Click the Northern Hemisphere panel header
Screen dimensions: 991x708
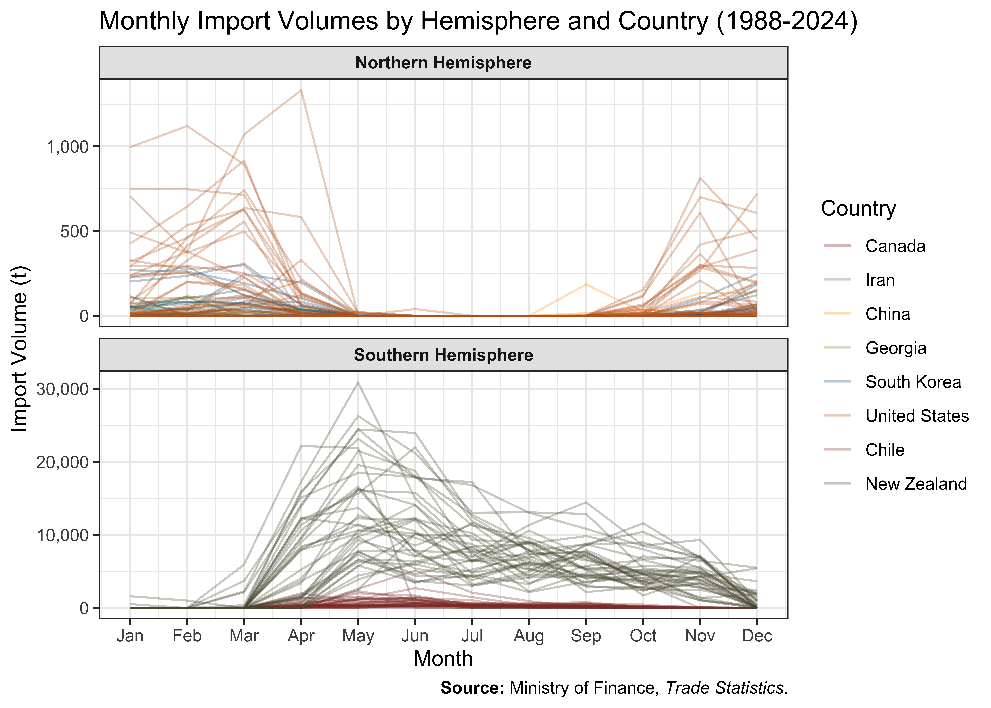tap(443, 63)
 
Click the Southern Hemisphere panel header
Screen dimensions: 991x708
tap(443, 355)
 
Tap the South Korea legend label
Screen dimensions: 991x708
tap(913, 382)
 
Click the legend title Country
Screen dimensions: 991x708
tap(858, 209)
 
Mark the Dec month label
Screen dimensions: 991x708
tap(757, 636)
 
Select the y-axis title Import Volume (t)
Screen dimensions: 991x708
tap(20, 349)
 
